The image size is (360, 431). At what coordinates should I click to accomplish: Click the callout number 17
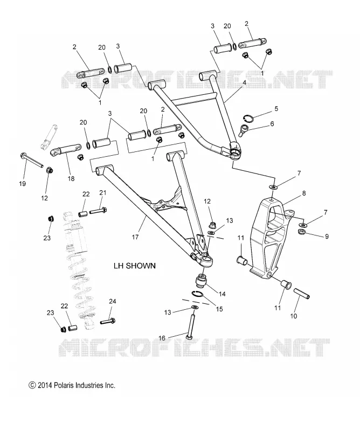(135, 237)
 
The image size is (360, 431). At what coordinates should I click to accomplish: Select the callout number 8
(304, 193)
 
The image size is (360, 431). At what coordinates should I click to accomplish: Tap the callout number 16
(162, 338)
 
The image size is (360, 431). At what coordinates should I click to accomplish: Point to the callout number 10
(294, 316)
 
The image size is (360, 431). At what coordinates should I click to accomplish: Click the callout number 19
(22, 183)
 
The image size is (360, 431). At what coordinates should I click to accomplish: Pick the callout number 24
(113, 301)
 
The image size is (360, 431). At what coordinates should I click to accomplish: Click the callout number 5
(276, 109)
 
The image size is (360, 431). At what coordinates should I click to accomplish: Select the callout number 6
(272, 124)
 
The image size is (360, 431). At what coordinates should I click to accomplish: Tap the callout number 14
(222, 294)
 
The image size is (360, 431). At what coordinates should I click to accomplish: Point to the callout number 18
(71, 179)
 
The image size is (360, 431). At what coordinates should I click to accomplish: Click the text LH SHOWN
(135, 266)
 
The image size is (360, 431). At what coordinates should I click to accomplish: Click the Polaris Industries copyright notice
(72, 385)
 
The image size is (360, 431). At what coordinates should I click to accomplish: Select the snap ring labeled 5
(249, 119)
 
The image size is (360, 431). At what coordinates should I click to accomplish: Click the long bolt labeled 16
(192, 324)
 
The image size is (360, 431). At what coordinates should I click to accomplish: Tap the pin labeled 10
(302, 293)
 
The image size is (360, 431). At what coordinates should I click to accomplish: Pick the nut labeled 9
(302, 232)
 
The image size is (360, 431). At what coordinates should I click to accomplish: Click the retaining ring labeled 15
(198, 294)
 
